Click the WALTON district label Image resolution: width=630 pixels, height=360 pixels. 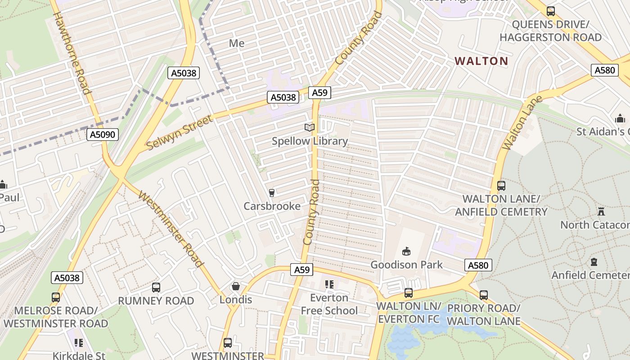pos(481,61)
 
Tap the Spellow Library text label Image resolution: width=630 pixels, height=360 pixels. pos(310,141)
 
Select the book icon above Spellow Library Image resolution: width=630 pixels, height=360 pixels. pos(310,128)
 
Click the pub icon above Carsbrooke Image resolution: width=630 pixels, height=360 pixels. pos(271,193)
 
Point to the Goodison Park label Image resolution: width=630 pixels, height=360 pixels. pos(406,265)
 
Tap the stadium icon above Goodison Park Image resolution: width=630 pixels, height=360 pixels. pos(406,251)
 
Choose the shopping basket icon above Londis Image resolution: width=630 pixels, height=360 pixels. pos(235,286)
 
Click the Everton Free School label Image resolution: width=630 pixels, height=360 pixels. pos(329,304)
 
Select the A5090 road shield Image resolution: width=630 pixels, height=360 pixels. pos(103,135)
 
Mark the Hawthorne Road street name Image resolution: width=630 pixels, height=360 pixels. pos(72,53)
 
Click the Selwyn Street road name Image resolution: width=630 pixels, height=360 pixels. pos(179,133)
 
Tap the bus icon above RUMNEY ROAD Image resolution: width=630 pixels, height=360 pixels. pos(156,287)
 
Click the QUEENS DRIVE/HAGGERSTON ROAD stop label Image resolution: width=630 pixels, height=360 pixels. pos(550,31)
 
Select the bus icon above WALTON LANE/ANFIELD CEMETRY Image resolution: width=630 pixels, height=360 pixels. pos(501,185)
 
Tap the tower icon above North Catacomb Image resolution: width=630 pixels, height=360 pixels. pos(601,211)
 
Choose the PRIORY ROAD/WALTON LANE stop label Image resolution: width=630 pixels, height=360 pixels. pos(483,315)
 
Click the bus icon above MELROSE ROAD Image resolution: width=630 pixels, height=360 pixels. pos(56,297)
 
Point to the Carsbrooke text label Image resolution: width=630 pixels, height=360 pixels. pos(272,206)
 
